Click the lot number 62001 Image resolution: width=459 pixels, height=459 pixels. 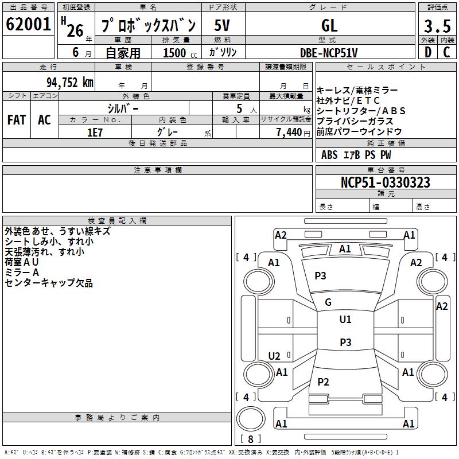pos(28,24)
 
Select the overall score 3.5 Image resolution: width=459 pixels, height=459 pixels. pos(437,26)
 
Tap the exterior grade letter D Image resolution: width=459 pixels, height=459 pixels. pos(428,52)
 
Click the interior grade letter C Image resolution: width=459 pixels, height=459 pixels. pos(446,52)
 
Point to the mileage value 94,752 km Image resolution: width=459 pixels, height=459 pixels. pos(70,83)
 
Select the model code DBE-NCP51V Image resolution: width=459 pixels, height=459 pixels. pos(329,53)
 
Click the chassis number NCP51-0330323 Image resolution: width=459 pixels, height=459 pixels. pos(386,182)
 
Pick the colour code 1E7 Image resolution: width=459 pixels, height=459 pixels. pos(95,133)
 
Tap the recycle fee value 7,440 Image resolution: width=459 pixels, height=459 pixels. pos(289,133)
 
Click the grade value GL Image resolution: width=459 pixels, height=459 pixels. pos(329,25)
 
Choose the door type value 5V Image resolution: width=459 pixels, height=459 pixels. pos(222,25)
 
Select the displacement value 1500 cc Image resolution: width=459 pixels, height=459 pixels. pos(180,53)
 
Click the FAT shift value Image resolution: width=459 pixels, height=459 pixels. pos(17,120)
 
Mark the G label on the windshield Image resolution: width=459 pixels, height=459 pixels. pos(328,302)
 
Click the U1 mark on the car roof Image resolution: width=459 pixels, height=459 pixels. pos(345,320)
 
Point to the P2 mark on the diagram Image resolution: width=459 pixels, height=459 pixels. pos(323,382)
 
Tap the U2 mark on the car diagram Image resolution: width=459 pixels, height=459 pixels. pos(274,356)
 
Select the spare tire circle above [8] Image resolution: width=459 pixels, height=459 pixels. pos(251,419)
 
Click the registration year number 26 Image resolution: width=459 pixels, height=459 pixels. pos(75,30)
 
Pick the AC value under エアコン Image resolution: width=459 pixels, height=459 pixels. pos(44,120)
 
